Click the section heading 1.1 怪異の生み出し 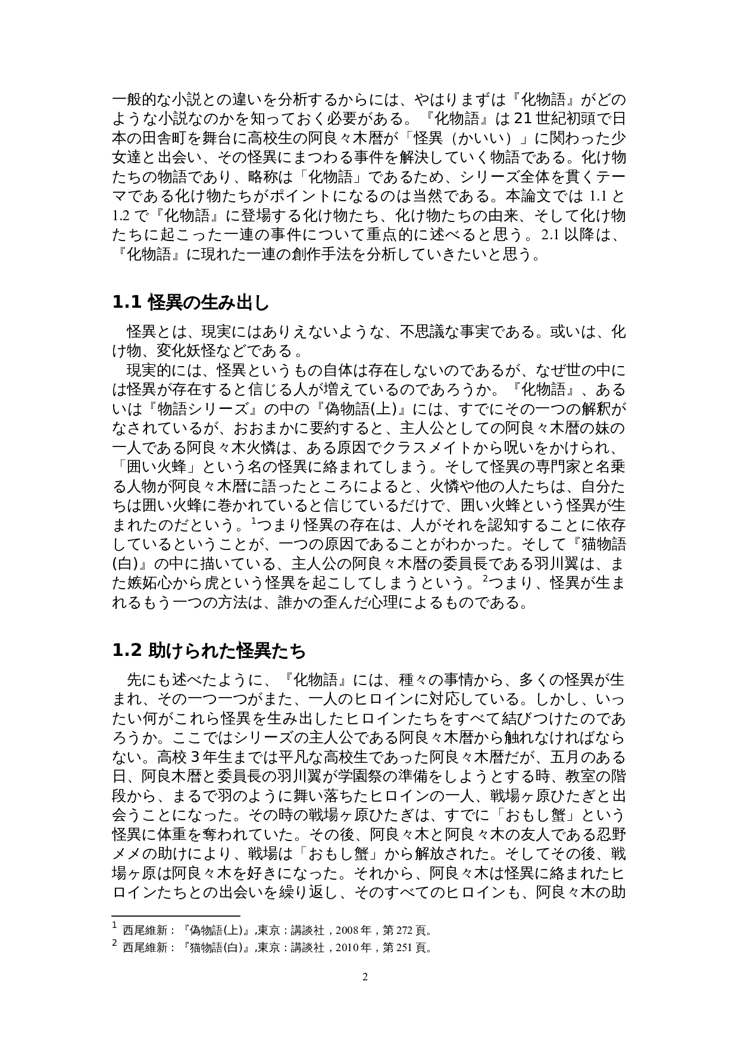pos(190,303)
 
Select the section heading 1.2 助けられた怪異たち pos(209,651)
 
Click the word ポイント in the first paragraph pos(327,196)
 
